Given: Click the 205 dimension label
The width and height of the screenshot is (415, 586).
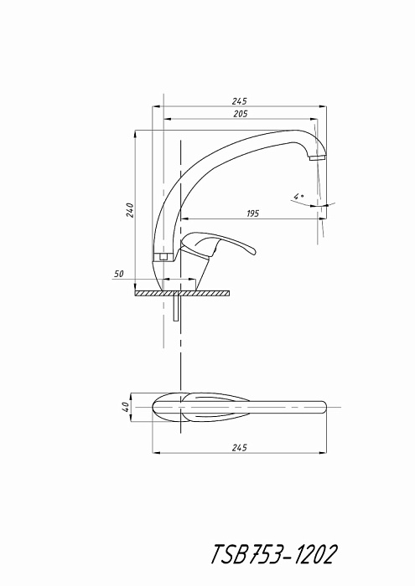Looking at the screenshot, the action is pyautogui.click(x=241, y=114).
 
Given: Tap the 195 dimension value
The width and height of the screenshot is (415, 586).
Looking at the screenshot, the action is pyautogui.click(x=252, y=213).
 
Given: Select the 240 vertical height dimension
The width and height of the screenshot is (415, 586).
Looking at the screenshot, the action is pyautogui.click(x=130, y=210).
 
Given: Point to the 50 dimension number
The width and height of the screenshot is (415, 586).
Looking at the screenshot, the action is pyautogui.click(x=118, y=274).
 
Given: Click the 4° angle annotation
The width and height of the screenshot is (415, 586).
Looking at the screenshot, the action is pyautogui.click(x=298, y=196).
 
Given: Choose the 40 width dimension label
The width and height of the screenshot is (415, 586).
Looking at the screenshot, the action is pyautogui.click(x=126, y=407).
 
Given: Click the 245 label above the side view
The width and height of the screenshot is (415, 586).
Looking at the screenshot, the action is pyautogui.click(x=240, y=101).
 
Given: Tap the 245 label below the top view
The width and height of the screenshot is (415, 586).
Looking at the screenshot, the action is pyautogui.click(x=240, y=447).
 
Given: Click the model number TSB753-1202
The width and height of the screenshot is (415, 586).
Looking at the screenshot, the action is pyautogui.click(x=274, y=554).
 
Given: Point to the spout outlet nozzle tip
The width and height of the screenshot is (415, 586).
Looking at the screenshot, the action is pyautogui.click(x=317, y=157).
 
